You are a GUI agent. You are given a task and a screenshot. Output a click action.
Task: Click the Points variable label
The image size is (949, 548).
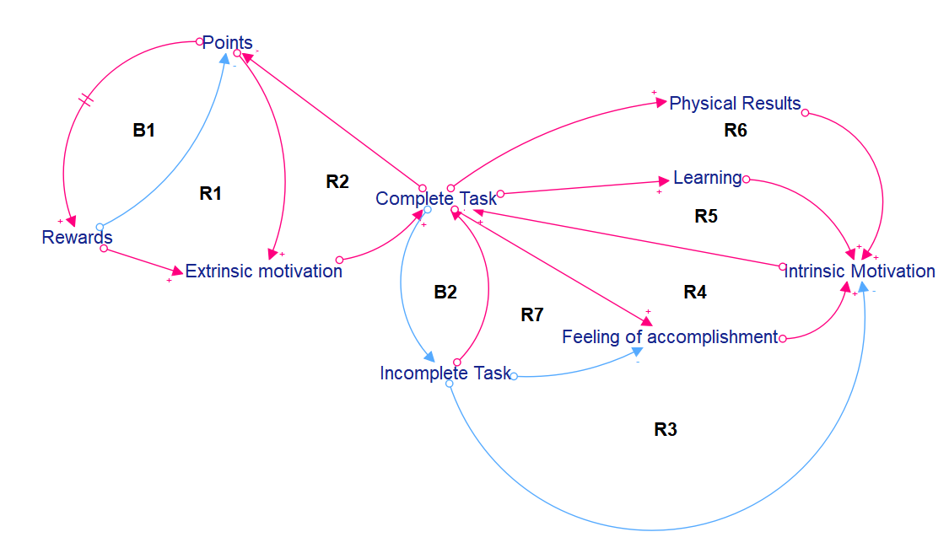227,43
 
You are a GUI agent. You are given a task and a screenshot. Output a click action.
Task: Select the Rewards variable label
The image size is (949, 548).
77,238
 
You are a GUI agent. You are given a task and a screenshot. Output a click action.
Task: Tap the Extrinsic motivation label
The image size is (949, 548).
263,271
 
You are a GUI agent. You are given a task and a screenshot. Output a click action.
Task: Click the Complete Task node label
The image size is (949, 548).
436,199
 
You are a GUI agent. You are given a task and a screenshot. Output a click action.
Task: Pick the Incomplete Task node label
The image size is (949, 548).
445,373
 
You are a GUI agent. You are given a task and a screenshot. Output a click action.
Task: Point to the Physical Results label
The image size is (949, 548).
735,104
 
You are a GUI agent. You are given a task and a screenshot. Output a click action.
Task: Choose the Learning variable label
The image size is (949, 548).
707,178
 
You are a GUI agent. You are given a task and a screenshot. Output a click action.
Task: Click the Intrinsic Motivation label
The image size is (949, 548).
860,271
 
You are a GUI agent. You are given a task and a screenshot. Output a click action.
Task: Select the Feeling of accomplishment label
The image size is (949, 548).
670,337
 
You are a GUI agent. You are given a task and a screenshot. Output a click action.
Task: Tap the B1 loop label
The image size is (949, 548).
144,131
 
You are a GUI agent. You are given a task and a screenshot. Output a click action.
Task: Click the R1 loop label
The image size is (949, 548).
210,194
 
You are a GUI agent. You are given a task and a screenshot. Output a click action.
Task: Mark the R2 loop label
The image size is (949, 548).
337,181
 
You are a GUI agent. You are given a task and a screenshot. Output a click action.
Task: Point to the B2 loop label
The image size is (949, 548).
445,293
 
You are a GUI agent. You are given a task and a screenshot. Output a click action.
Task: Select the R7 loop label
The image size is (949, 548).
531,315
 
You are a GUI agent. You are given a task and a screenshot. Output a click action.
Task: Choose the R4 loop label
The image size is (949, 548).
694,293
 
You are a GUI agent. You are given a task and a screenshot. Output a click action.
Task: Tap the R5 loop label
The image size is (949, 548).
706,216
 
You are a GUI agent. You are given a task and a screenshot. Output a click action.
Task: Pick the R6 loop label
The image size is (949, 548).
736,131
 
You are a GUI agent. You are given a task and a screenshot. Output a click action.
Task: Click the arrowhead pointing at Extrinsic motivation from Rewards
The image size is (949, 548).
176,271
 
